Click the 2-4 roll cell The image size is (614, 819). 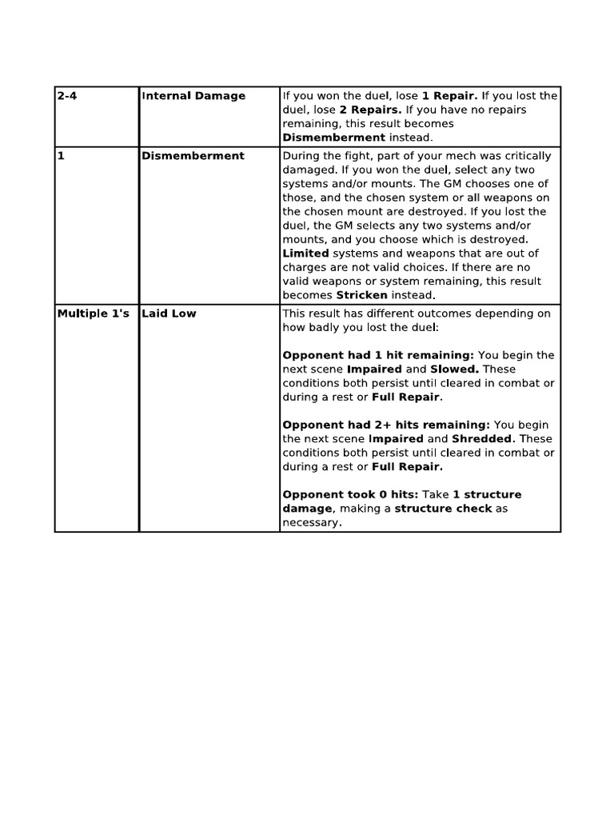point(66,96)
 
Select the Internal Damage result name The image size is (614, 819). point(193,96)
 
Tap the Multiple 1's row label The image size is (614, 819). point(93,314)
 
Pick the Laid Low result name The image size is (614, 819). point(169,314)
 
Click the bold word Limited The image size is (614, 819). point(305,254)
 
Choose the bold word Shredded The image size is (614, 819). point(483,439)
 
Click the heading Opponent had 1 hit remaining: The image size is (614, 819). point(378,355)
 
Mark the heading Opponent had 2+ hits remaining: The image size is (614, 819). point(386,425)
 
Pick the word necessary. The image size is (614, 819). point(311,522)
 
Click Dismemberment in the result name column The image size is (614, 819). point(193,156)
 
